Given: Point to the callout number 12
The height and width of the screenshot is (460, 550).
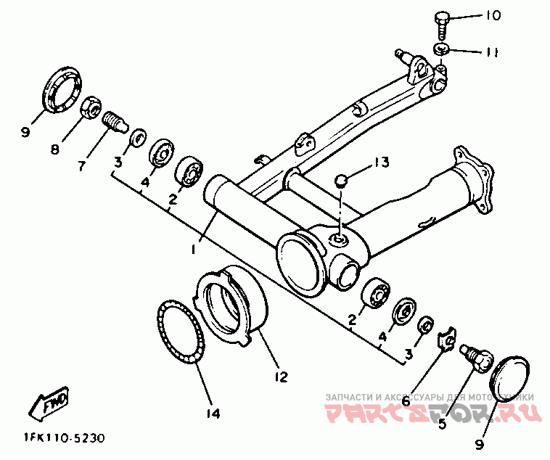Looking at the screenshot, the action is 281,377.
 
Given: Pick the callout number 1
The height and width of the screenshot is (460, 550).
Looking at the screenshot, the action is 194,249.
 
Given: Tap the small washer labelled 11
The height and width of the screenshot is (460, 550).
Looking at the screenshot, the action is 441,49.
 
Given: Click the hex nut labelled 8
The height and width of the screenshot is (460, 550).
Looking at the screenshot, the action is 91,107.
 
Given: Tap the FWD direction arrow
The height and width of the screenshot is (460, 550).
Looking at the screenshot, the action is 49,404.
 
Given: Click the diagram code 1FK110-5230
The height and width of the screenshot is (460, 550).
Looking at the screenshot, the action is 64,438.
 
